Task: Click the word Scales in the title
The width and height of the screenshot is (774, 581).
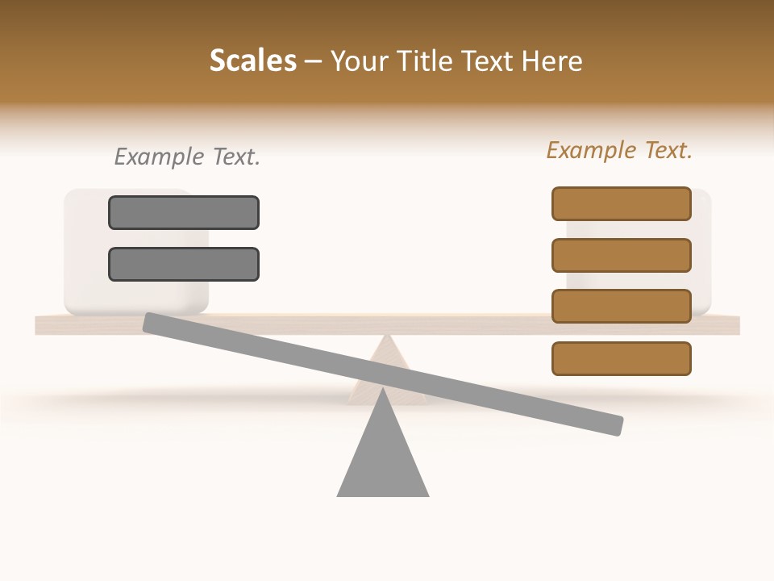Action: point(252,61)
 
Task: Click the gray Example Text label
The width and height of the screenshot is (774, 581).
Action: point(187,157)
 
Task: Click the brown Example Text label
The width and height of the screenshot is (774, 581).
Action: point(619,150)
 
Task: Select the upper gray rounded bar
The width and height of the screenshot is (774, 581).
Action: point(184,212)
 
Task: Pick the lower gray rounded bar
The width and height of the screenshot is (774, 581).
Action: point(184,264)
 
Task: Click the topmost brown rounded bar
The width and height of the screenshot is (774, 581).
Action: point(622,203)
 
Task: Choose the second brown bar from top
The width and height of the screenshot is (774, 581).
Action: point(622,255)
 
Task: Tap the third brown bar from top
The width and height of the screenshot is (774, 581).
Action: point(622,307)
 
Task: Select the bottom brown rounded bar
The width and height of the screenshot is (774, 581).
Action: point(622,358)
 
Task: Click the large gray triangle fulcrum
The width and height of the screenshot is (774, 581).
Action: point(383,460)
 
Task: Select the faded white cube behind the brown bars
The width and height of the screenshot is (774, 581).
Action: point(701,250)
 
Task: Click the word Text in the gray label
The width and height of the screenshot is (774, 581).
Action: point(235,157)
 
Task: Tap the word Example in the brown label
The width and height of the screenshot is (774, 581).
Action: point(591,150)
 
